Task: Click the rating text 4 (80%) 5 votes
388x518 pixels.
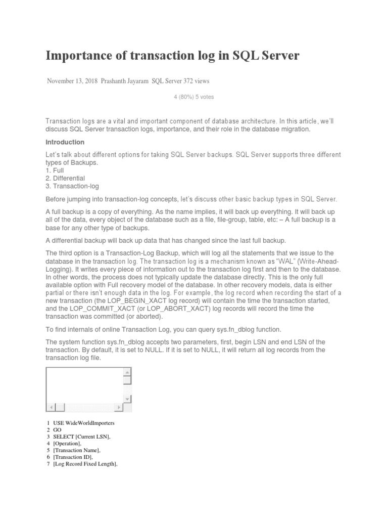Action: point(193,97)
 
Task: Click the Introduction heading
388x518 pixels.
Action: point(65,142)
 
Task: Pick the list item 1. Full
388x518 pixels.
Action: point(55,170)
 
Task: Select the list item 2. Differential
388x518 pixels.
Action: point(65,179)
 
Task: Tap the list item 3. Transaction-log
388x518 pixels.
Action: point(70,186)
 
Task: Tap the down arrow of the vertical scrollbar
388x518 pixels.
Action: point(127,399)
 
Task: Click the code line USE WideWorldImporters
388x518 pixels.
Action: point(84,422)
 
